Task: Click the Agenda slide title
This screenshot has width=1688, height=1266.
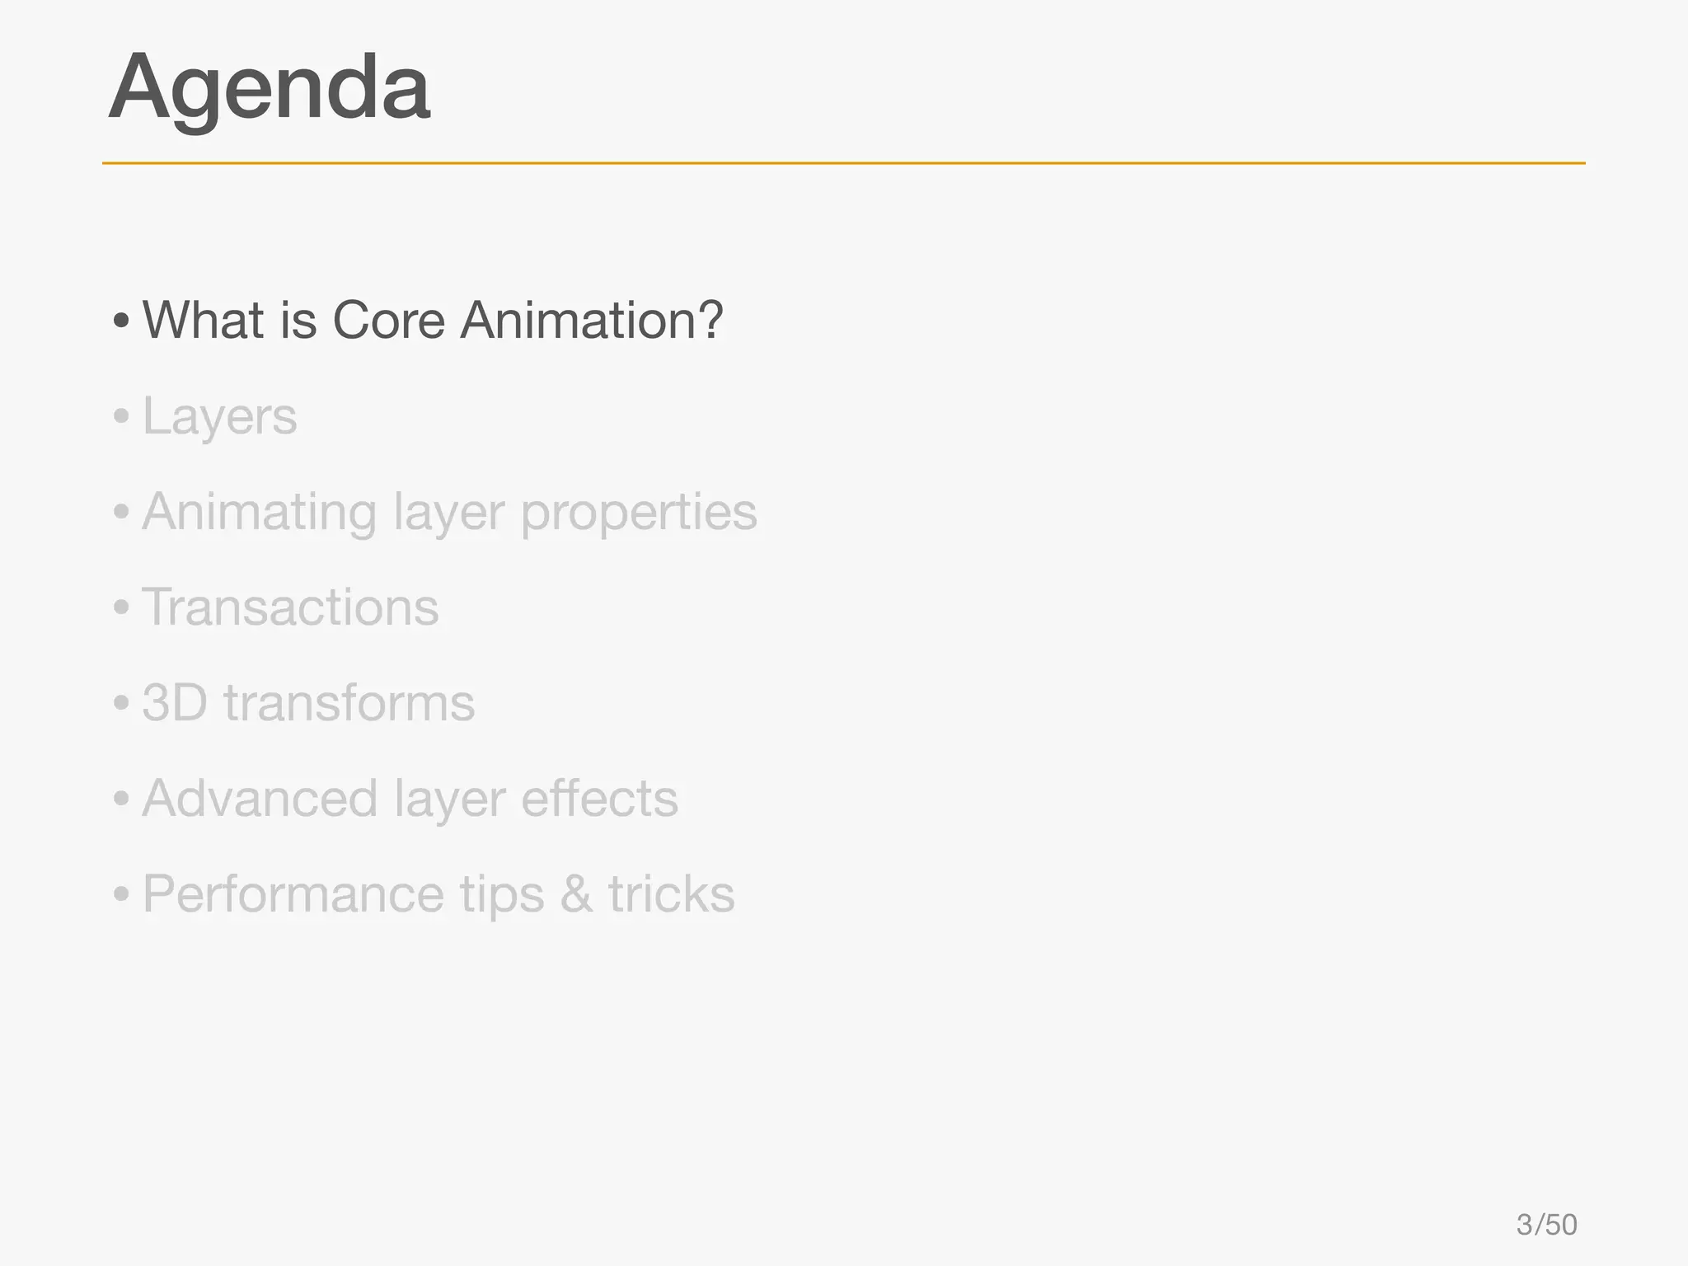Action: (x=269, y=89)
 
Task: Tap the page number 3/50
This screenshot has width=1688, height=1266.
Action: (x=1546, y=1225)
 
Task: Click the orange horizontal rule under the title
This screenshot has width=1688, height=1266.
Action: (x=843, y=163)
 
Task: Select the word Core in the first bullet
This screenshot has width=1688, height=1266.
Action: (x=388, y=320)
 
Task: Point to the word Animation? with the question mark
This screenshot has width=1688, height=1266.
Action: (x=591, y=320)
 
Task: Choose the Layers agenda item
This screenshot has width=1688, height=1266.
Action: (x=219, y=417)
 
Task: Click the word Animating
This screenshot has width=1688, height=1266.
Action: (x=259, y=513)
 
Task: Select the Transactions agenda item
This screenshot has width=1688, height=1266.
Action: (x=290, y=607)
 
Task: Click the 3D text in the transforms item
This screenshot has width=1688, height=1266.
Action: (x=174, y=703)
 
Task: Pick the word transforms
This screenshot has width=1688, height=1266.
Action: (x=349, y=703)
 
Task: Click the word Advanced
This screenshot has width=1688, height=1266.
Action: (x=260, y=799)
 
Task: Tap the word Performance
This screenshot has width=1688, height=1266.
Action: (x=293, y=895)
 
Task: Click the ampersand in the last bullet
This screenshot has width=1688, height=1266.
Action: (x=576, y=895)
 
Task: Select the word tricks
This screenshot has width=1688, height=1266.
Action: (x=671, y=894)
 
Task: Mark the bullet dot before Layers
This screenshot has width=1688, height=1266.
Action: (x=122, y=417)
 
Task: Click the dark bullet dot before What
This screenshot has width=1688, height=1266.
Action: (x=122, y=321)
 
